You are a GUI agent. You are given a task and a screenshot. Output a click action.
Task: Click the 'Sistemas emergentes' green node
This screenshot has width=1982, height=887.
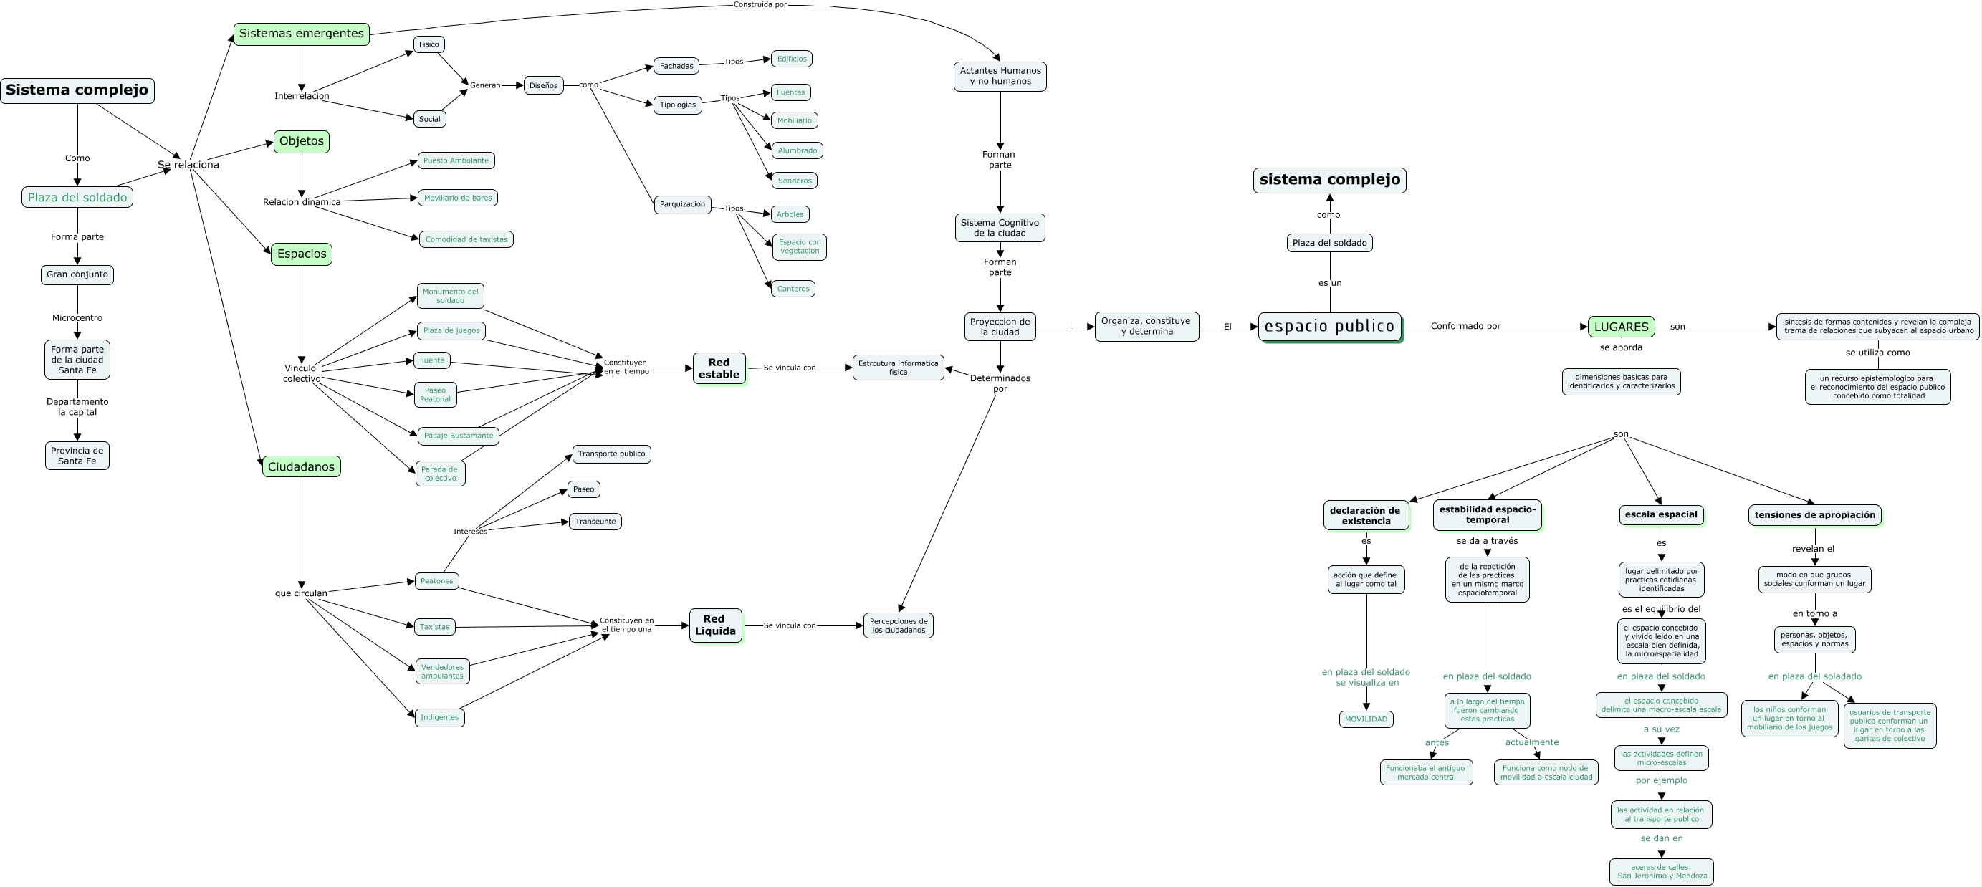[301, 34]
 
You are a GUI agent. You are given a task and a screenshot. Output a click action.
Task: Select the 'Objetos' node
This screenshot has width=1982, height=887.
[301, 142]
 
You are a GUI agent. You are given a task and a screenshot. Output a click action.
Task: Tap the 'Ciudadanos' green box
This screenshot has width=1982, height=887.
[301, 467]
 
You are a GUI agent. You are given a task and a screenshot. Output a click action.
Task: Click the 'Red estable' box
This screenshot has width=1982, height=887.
[719, 368]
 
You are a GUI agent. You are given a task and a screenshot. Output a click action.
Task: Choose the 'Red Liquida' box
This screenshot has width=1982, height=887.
[715, 625]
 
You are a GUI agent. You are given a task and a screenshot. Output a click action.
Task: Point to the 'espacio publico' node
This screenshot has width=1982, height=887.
[1328, 327]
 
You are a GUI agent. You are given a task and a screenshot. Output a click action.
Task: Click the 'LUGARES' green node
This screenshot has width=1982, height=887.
[1620, 327]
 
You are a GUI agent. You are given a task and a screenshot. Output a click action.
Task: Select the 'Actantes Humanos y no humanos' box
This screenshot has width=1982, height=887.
[1000, 76]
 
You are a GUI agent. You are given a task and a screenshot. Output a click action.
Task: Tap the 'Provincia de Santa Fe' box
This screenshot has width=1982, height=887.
[77, 456]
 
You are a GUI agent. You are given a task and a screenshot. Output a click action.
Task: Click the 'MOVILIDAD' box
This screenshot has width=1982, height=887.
[1366, 719]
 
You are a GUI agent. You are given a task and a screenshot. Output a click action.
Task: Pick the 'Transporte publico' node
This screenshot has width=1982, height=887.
[611, 454]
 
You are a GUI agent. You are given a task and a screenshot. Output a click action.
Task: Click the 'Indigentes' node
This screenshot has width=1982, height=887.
[439, 718]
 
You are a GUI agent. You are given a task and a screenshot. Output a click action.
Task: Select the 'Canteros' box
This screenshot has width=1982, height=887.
[793, 289]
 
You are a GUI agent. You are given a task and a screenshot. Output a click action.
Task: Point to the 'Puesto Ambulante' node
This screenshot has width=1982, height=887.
[456, 160]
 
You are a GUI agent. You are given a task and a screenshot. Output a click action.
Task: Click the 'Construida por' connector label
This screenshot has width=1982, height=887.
[760, 4]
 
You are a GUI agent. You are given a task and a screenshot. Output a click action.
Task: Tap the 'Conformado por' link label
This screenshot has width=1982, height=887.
[1465, 326]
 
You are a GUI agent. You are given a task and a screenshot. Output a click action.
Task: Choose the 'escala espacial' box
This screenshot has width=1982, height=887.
[1660, 514]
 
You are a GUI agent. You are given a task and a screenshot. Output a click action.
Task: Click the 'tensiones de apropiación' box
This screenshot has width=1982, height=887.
[1814, 515]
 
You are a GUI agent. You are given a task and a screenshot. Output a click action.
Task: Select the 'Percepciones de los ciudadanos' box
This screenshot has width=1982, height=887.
[898, 625]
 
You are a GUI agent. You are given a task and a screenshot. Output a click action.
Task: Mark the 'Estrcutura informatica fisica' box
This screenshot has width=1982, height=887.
[898, 368]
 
